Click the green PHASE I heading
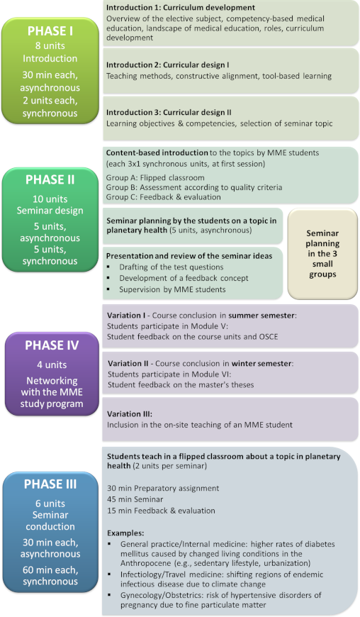[x=50, y=31]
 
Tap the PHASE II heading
[x=50, y=180]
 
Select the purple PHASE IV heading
[x=52, y=345]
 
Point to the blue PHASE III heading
[x=50, y=484]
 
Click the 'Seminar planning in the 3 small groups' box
[x=322, y=254]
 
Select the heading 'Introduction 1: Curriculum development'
[x=181, y=8]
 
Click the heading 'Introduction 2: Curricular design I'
[x=167, y=65]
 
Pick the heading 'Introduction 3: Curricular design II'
[x=169, y=113]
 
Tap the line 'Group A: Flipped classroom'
[x=155, y=178]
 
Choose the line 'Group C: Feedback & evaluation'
[x=164, y=197]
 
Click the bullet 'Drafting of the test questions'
[x=171, y=267]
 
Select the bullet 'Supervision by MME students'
[x=172, y=289]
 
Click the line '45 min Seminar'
[x=135, y=499]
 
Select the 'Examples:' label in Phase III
[x=125, y=533]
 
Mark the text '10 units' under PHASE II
[x=50, y=199]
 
